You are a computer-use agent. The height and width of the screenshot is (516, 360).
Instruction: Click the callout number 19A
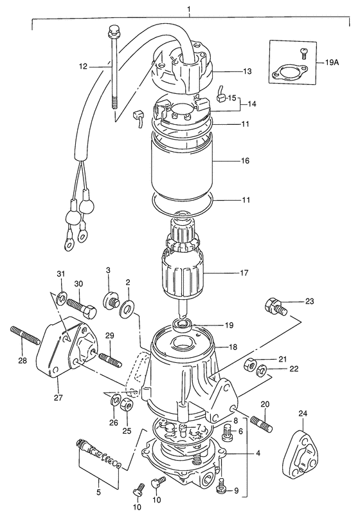[x=332, y=62]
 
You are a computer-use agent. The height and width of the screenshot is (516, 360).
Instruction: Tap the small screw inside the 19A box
[x=305, y=53]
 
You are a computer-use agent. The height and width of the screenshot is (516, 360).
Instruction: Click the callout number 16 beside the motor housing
[x=245, y=161]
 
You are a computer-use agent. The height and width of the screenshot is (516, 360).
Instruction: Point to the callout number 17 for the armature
[x=244, y=273]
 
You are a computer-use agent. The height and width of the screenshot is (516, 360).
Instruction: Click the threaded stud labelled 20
[x=262, y=425]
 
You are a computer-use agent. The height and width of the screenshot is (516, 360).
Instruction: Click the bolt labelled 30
[x=82, y=307]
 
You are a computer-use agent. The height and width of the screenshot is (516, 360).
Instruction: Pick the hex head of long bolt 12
[x=113, y=30]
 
